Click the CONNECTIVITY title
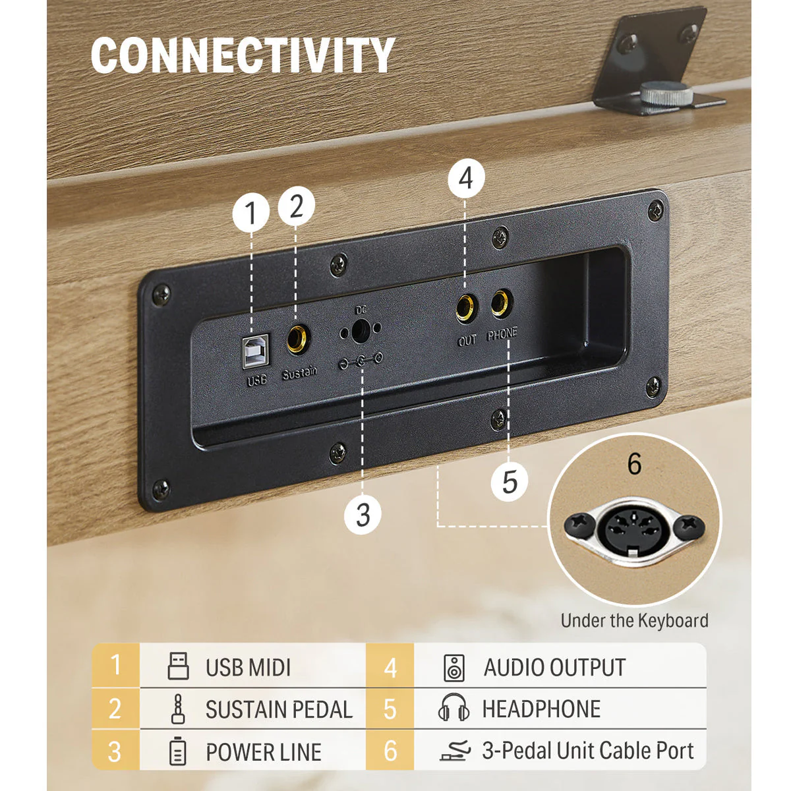coord(243,55)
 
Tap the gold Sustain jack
coord(297,339)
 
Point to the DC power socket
coord(360,330)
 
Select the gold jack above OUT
coord(466,307)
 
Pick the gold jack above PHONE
coord(501,303)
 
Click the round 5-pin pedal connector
coord(633,530)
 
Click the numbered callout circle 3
coord(363,514)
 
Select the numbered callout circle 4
coord(466,179)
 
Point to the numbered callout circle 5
coord(510,483)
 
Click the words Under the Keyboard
coord(634,620)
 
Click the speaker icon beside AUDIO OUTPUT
coord(454,668)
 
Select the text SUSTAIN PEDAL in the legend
coord(279,710)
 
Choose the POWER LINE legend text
coord(264,752)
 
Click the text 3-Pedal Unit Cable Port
coord(588,750)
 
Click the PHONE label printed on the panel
coord(502,335)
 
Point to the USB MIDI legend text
coord(248,668)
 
